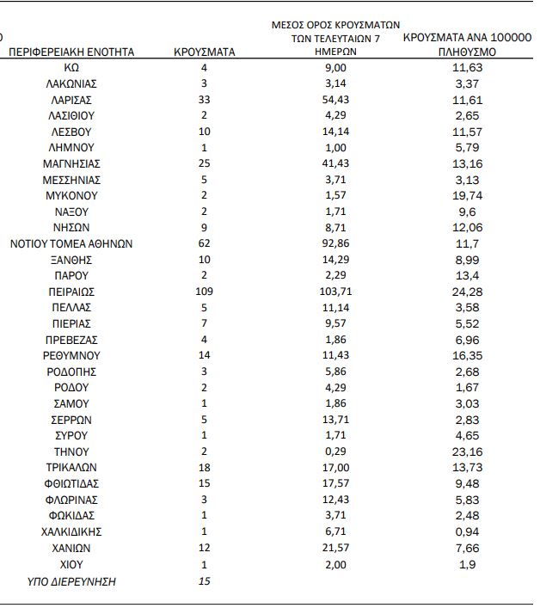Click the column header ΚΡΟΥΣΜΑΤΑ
click(204, 52)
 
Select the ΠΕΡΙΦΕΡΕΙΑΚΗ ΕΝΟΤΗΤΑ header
click(71, 52)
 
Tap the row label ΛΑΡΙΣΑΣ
click(71, 100)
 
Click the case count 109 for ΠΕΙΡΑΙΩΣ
click(204, 292)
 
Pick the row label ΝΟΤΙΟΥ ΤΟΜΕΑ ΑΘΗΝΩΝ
click(71, 243)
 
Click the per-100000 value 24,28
click(469, 292)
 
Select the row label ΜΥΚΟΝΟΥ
click(71, 195)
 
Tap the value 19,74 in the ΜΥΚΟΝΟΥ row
click(469, 195)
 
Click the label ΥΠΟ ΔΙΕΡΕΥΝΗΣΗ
click(71, 581)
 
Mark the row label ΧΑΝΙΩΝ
click(71, 548)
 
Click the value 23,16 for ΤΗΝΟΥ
click(469, 451)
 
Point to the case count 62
click(204, 243)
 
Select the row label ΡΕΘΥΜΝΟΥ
click(71, 355)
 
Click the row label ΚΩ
click(71, 67)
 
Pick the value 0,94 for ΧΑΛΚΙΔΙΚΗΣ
click(469, 531)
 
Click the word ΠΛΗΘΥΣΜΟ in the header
click(469, 52)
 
